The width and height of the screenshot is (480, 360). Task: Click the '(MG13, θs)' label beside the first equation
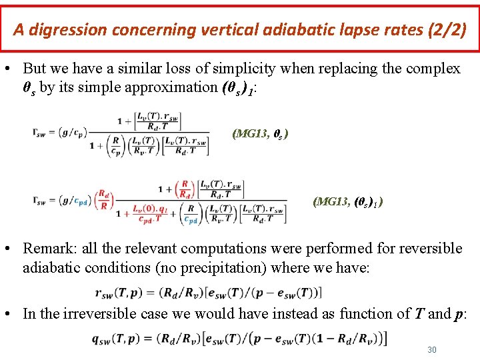pyautogui.click(x=260, y=133)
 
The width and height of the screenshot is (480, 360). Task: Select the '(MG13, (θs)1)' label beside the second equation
pyautogui.click(x=347, y=201)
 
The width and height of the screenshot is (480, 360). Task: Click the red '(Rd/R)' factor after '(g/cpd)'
pyautogui.click(x=103, y=200)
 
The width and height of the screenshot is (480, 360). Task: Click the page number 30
pyautogui.click(x=431, y=349)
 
